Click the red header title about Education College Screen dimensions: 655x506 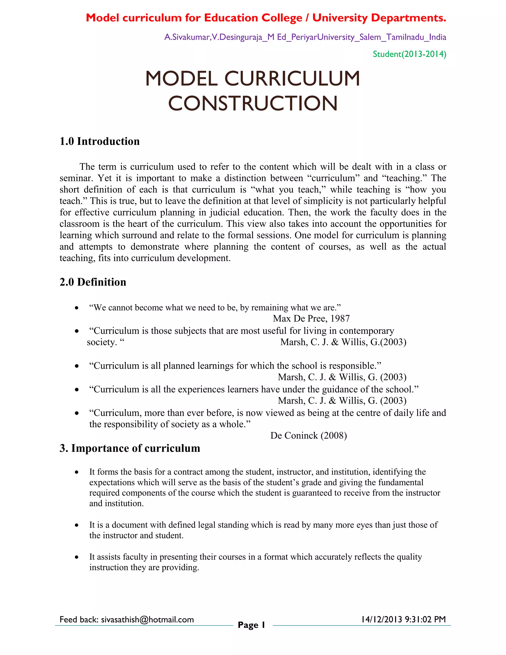(x=266, y=18)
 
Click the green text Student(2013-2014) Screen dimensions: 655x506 (x=409, y=54)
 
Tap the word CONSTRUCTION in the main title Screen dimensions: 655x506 (x=253, y=104)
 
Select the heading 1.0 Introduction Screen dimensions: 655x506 (x=100, y=141)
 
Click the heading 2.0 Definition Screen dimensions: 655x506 (x=93, y=282)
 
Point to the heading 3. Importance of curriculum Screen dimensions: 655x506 (x=130, y=448)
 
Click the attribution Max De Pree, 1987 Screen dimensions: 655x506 (x=311, y=319)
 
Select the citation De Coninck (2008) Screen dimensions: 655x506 (x=308, y=436)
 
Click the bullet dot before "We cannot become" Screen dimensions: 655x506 (x=77, y=308)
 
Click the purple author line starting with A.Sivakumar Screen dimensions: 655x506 (x=305, y=37)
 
